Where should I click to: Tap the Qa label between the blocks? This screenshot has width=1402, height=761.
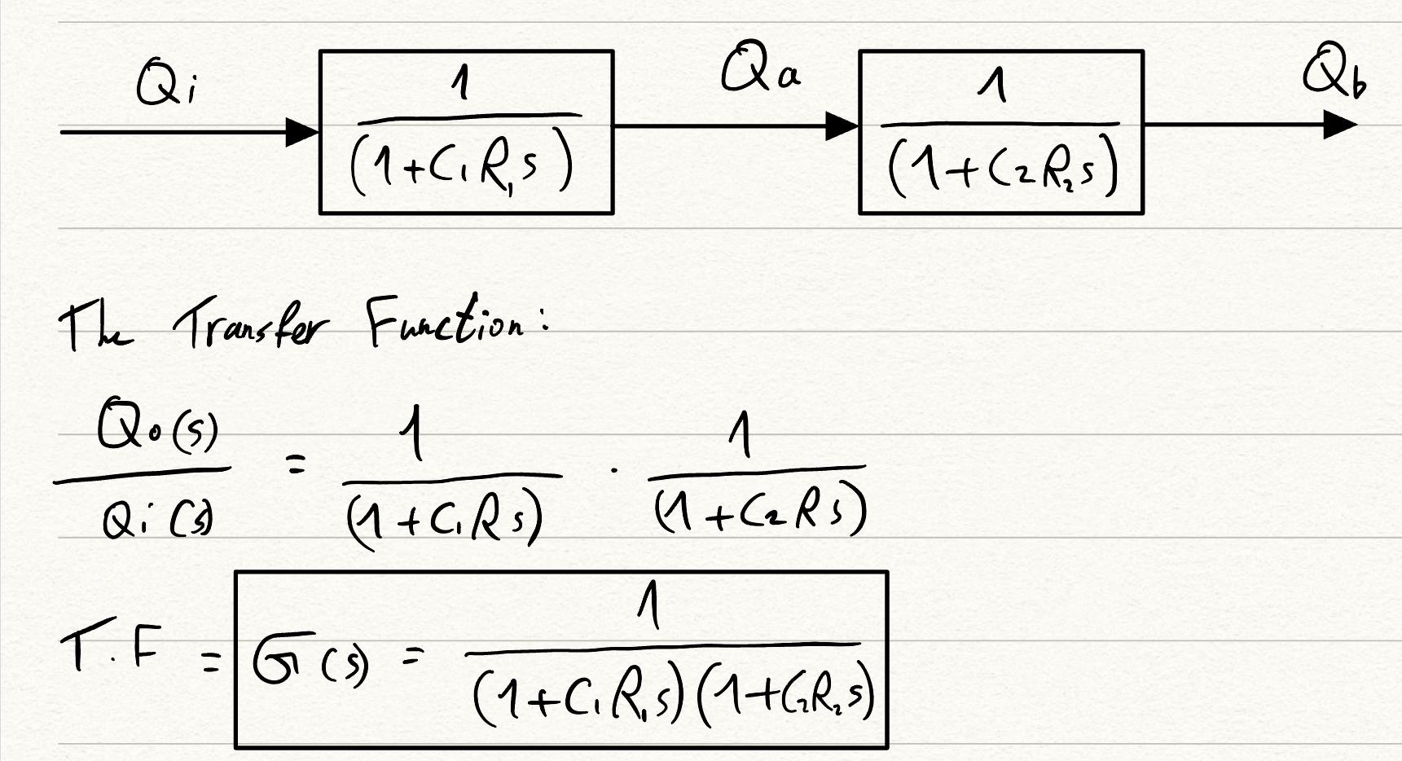tap(760, 72)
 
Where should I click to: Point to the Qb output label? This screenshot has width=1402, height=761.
tap(1334, 74)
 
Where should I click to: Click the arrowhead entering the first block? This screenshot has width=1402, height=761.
tap(302, 131)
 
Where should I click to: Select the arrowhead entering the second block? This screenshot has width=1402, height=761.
tap(842, 126)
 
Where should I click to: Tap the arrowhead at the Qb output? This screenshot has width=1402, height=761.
tap(1339, 125)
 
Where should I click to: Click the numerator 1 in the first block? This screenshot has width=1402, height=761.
tap(463, 84)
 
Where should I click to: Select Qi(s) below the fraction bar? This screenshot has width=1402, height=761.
tap(148, 520)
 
